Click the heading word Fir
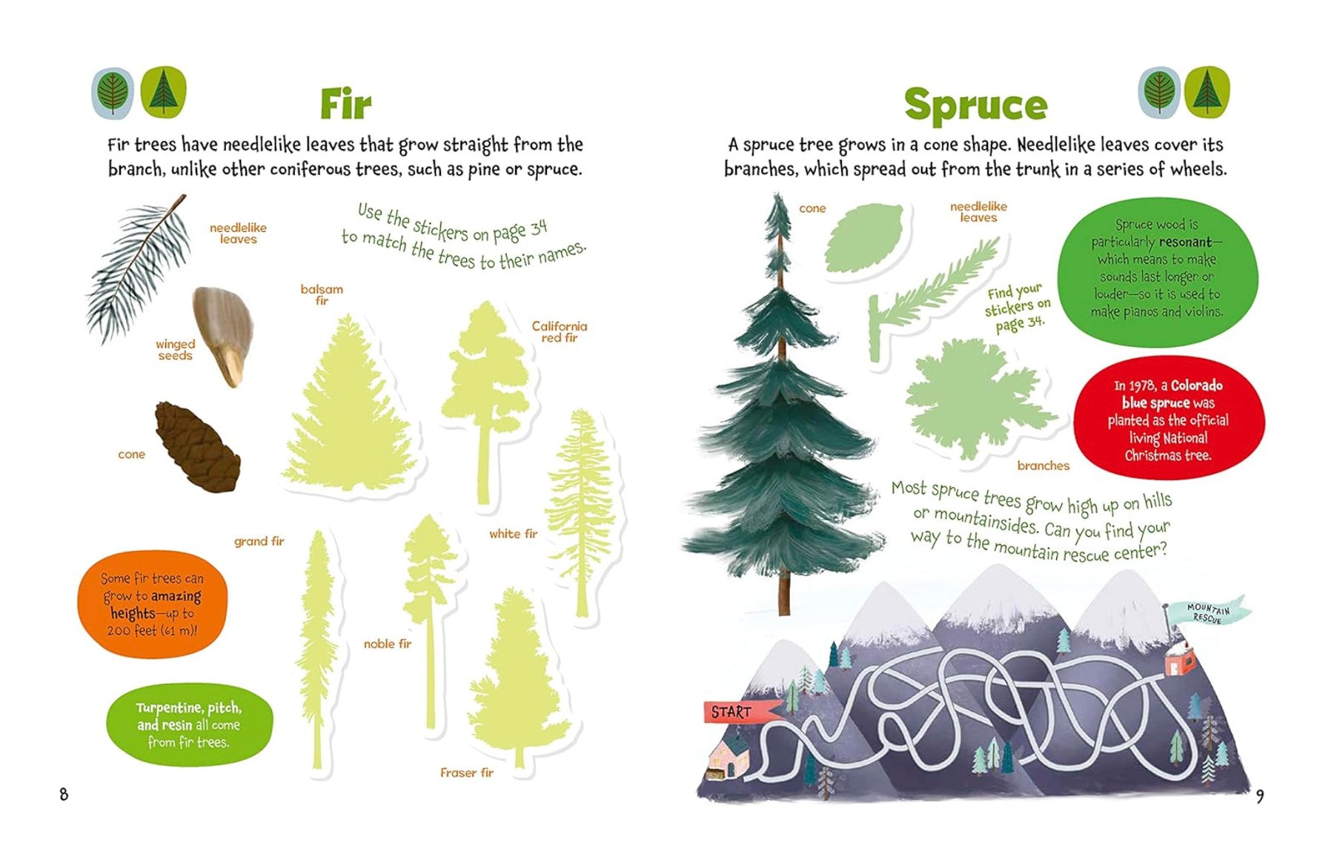click(345, 104)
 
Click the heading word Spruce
click(975, 105)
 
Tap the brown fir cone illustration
click(197, 447)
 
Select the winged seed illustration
click(222, 336)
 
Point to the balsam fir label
click(322, 294)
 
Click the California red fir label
click(560, 331)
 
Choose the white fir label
click(513, 534)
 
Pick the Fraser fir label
click(466, 773)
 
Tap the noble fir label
click(387, 644)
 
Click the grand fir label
click(259, 541)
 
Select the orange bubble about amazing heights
click(152, 604)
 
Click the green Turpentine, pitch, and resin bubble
click(189, 724)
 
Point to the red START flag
click(739, 712)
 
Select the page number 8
click(64, 794)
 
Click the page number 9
click(1260, 796)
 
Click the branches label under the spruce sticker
click(1043, 466)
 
